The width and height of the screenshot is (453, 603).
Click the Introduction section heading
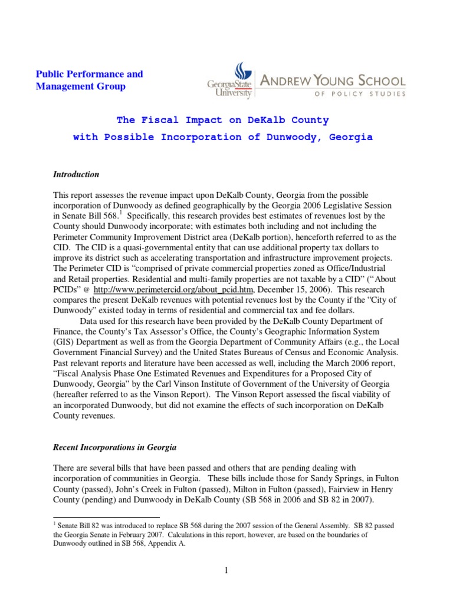[75, 175]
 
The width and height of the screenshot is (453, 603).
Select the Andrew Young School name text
[333, 81]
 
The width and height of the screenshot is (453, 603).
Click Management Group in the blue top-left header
[81, 87]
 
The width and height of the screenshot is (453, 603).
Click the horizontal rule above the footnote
[106, 516]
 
